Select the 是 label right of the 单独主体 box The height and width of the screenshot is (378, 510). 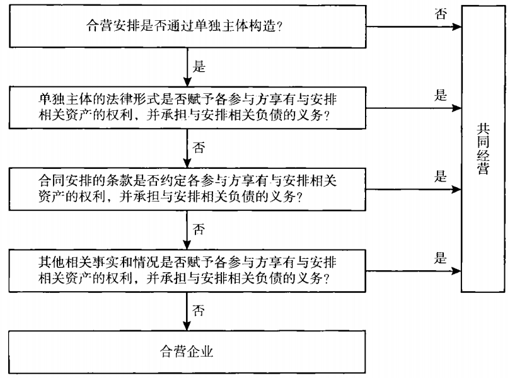coord(440,96)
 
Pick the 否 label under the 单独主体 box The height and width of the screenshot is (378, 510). coord(199,147)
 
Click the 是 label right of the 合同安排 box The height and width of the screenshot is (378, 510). coord(440,176)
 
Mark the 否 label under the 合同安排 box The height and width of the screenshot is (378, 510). coord(199,228)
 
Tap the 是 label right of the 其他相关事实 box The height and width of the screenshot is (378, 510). coord(440,258)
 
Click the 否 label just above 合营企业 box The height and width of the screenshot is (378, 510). coord(199,310)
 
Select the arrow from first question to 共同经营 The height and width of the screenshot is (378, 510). coord(413,27)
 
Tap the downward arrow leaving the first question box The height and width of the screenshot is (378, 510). coord(185,66)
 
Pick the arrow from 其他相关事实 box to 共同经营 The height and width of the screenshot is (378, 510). coord(413,270)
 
